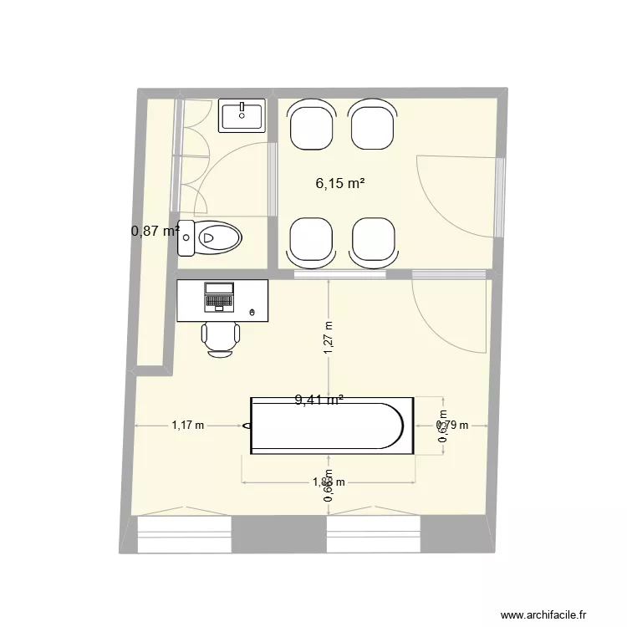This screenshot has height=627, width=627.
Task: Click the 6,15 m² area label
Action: pyautogui.click(x=339, y=183)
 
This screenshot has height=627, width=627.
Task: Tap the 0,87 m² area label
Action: pyautogui.click(x=155, y=231)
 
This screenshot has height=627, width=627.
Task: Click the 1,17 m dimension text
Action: pyautogui.click(x=187, y=426)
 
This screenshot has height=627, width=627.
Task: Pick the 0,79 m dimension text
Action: pyautogui.click(x=453, y=426)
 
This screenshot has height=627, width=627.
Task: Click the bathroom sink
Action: pyautogui.click(x=242, y=115)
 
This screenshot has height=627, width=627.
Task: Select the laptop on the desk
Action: pyautogui.click(x=219, y=296)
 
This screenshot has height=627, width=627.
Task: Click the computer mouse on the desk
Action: pyautogui.click(x=253, y=313)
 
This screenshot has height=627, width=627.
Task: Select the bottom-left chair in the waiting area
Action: pyautogui.click(x=313, y=241)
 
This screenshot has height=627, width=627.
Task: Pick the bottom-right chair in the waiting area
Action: pyautogui.click(x=374, y=241)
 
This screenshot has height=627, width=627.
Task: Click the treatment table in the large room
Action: pyautogui.click(x=331, y=426)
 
